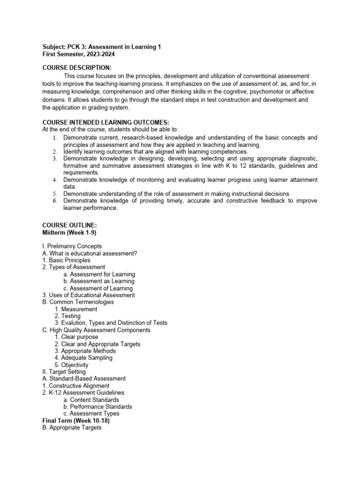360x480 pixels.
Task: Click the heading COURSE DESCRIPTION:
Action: (x=77, y=67)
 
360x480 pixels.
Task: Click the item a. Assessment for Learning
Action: (x=99, y=274)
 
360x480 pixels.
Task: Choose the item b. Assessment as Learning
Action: (x=98, y=281)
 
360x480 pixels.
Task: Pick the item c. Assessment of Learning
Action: (x=98, y=288)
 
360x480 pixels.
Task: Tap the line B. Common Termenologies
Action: (x=78, y=302)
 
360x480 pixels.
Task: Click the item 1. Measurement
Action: (x=76, y=309)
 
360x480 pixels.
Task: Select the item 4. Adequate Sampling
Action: (x=83, y=358)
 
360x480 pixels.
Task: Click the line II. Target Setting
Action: (x=64, y=372)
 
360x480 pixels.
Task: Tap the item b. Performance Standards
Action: (x=97, y=406)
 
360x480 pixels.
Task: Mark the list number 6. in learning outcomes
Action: (x=54, y=201)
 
